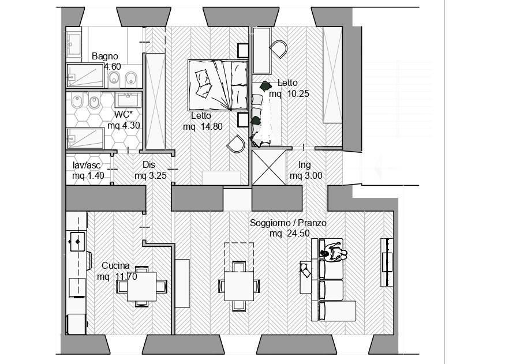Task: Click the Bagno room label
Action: (x=104, y=57)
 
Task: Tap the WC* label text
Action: (x=124, y=114)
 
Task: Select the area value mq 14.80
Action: (x=203, y=127)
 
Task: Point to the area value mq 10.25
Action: (x=289, y=94)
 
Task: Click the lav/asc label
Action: (x=87, y=166)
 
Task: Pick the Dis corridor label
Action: (x=149, y=165)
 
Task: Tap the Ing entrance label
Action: (x=304, y=165)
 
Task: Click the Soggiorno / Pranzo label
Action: (x=288, y=223)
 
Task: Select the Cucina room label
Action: (x=115, y=266)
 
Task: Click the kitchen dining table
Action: (x=142, y=287)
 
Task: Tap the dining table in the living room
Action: (x=239, y=286)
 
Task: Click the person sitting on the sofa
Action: (x=334, y=252)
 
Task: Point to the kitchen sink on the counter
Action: (x=77, y=241)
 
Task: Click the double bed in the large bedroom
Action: (x=218, y=85)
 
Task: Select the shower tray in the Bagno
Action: (x=85, y=76)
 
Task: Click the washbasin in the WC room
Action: (x=128, y=100)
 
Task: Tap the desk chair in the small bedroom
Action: (x=279, y=48)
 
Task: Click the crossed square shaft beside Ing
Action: (x=269, y=168)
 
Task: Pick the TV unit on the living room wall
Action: (x=387, y=262)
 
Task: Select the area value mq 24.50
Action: (x=290, y=233)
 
